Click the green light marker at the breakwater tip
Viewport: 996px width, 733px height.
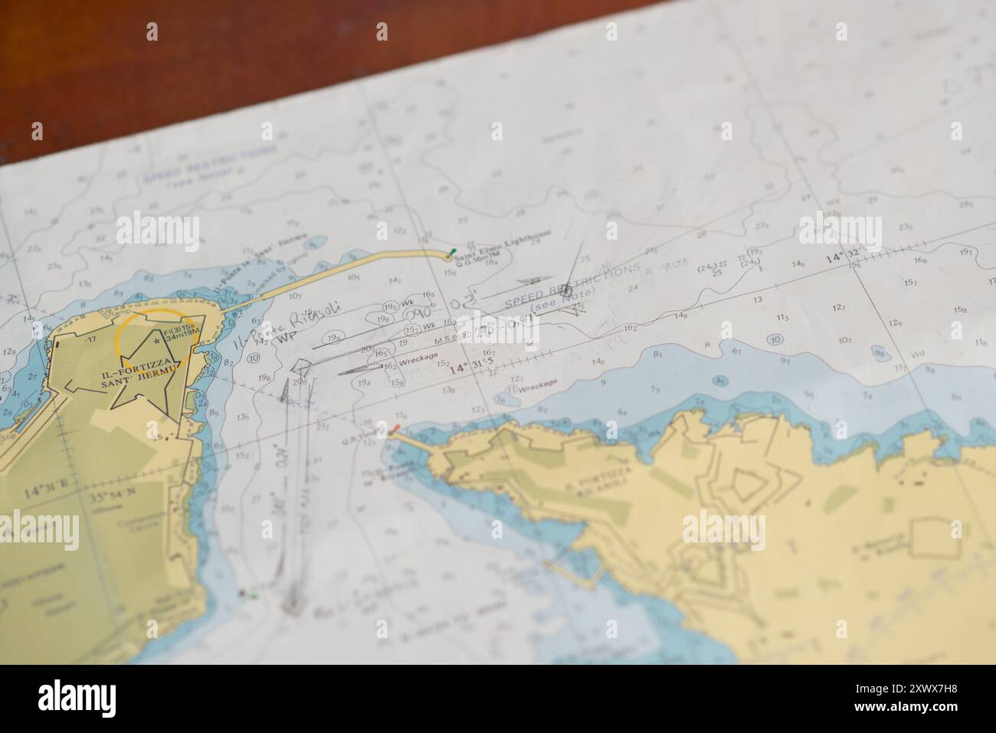click(454, 251)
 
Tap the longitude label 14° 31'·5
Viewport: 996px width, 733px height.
click(472, 368)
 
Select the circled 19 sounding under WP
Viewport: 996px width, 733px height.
click(333, 339)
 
